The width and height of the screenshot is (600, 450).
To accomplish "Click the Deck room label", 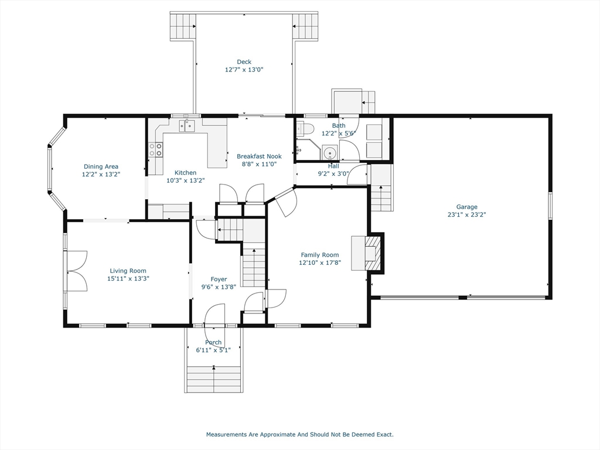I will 244,62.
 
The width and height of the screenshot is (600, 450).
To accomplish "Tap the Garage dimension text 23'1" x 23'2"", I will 466,214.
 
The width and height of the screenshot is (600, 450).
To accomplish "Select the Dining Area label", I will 101,166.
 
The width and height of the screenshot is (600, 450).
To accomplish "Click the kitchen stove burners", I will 155,149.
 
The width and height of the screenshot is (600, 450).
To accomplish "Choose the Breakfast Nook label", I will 259,156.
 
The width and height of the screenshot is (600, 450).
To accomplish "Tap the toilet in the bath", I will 306,128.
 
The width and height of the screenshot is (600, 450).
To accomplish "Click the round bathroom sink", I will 330,154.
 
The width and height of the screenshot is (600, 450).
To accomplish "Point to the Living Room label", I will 128,271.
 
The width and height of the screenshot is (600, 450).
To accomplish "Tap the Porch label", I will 213,342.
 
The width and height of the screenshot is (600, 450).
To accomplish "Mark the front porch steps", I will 214,379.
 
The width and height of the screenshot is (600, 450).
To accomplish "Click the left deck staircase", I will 183,26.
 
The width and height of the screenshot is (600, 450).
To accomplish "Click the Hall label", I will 333,166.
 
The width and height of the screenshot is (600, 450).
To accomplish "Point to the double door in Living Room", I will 77,271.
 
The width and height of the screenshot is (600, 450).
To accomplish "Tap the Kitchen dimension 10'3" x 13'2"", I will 185,180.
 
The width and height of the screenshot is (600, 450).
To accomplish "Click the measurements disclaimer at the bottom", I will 299,435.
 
